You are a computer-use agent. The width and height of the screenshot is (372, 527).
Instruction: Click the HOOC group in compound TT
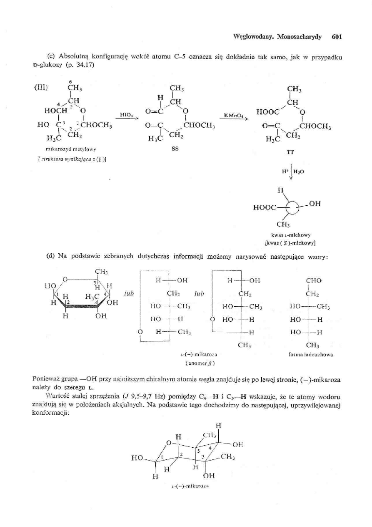(x=266, y=112)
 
